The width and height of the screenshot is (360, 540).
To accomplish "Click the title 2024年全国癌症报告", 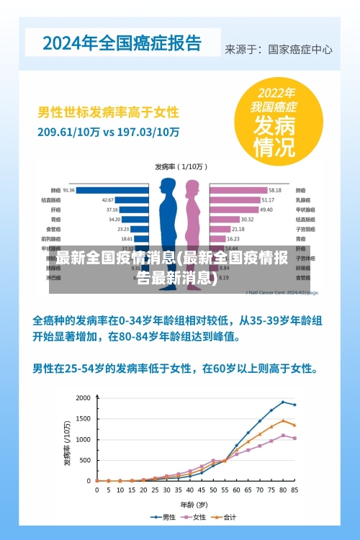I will pyautogui.click(x=122, y=42).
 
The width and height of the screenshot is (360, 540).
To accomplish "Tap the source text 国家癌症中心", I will pyautogui.click(x=300, y=50).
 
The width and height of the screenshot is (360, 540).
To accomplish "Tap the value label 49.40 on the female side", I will pyautogui.click(x=266, y=210).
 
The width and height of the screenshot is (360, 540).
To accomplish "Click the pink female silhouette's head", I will pyautogui.click(x=192, y=186).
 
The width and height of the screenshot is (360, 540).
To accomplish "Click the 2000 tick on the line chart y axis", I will pyautogui.click(x=84, y=398).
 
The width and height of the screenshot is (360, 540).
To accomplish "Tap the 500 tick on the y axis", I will pyautogui.click(x=86, y=460).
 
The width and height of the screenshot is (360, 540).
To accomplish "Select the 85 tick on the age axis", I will pyautogui.click(x=294, y=490).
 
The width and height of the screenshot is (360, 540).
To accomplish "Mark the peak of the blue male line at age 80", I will pyautogui.click(x=283, y=402).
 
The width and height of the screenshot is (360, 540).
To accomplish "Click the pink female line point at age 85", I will pyautogui.click(x=294, y=438).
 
